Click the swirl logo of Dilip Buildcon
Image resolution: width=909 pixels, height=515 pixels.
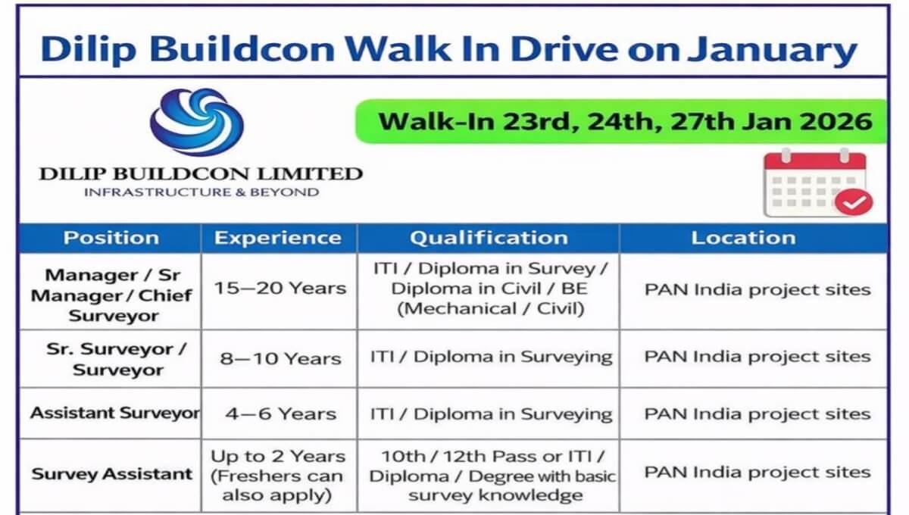tap(197, 122)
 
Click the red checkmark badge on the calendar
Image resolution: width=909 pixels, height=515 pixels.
tap(854, 201)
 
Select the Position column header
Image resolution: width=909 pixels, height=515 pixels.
tap(111, 238)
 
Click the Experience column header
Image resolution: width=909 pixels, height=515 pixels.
tap(278, 238)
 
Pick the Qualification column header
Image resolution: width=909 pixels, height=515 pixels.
tap(489, 238)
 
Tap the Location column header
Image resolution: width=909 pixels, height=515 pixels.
tap(743, 238)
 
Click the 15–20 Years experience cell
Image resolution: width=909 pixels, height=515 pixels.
tap(280, 288)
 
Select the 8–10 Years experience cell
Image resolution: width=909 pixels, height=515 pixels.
tap(280, 359)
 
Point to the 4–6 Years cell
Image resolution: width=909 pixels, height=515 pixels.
tap(281, 414)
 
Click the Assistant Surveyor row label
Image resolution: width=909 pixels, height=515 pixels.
tap(115, 414)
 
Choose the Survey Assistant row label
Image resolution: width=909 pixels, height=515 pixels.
tap(111, 473)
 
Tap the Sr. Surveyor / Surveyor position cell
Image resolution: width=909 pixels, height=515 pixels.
tap(117, 359)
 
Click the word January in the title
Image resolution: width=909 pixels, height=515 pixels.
tap(772, 49)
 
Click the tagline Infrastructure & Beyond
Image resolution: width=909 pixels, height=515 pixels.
tap(201, 192)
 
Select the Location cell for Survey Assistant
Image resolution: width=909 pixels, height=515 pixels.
tap(757, 473)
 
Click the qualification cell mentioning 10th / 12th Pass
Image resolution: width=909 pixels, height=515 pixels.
tap(492, 476)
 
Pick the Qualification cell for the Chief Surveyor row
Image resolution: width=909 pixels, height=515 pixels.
tap(490, 289)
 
